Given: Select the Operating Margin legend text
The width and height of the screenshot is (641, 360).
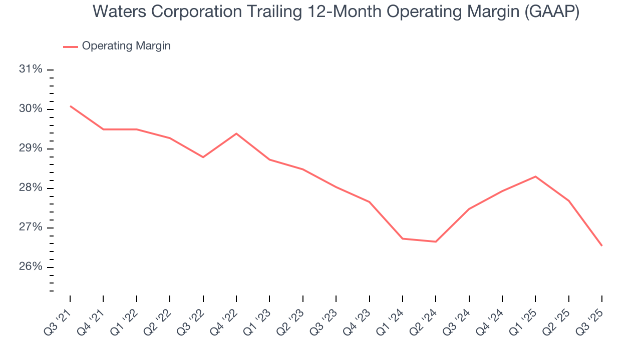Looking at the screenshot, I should (x=126, y=46).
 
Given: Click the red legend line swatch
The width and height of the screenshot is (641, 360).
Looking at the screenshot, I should (x=71, y=46).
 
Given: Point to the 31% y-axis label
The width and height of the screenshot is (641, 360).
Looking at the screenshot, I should (x=30, y=69).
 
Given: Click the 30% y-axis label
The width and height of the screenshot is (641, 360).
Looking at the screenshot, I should (x=30, y=109).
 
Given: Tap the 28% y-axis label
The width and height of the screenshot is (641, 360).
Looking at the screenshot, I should (x=30, y=188).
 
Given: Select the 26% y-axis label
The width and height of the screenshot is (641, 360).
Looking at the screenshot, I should (x=30, y=267).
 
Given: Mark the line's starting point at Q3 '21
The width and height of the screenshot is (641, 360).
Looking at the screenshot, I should (x=70, y=106).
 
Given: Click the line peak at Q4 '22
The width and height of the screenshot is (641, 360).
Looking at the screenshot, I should (x=236, y=133).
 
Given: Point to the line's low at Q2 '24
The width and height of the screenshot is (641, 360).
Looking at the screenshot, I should (x=436, y=241).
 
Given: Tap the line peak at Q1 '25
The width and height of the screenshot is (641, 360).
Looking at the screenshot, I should (x=535, y=176).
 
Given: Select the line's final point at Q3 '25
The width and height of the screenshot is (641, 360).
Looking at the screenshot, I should (x=601, y=245).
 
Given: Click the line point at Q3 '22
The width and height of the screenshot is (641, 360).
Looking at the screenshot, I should (x=203, y=157).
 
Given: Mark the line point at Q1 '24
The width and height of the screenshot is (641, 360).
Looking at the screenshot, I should (x=403, y=238).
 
